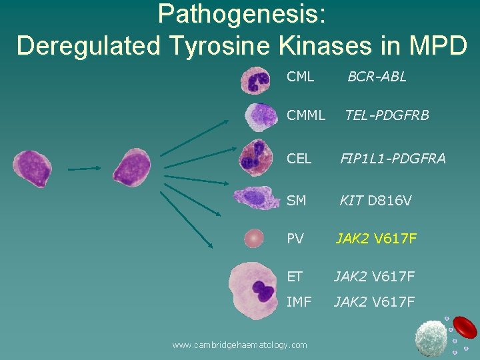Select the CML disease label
click(x=300, y=77)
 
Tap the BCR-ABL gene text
click(x=377, y=77)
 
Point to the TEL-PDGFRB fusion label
click(x=387, y=115)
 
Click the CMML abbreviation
click(x=306, y=115)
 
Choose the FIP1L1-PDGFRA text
click(x=393, y=158)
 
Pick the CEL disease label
click(x=299, y=158)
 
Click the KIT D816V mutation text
click(x=375, y=199)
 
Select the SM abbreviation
click(x=296, y=199)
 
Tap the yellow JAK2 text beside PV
click(x=352, y=238)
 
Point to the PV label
click(x=295, y=238)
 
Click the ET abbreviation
click(x=295, y=276)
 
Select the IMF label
click(x=299, y=302)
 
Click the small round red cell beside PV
click(x=254, y=238)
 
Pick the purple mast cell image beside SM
click(x=256, y=197)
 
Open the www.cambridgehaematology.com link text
click(x=239, y=345)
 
